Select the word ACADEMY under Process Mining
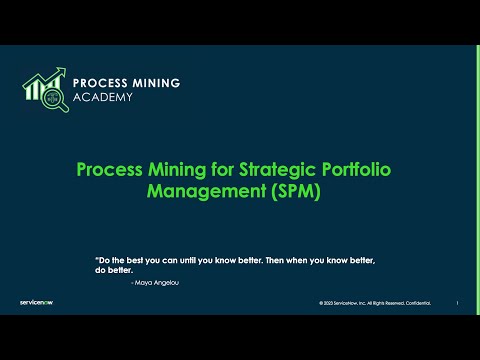coord(106,99)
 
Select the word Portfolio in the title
coord(343,169)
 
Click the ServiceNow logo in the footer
coord(37,302)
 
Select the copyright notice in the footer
coord(359,303)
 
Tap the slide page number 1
coord(457,303)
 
